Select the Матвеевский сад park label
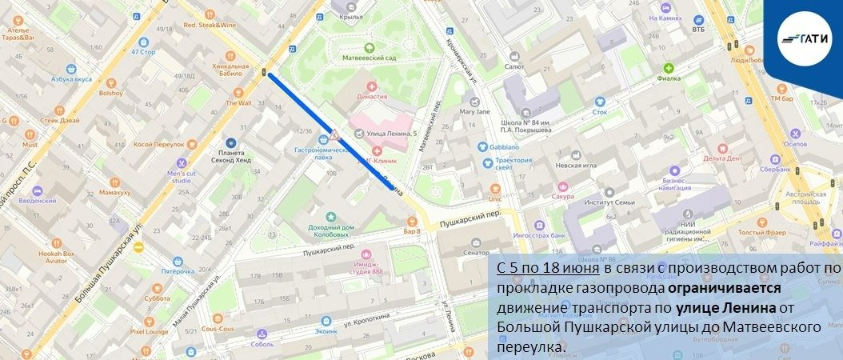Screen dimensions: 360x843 point(369,58)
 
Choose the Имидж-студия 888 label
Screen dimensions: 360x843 point(369,271)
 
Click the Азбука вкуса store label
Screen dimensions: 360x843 point(72,79)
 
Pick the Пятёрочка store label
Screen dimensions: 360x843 point(178,271)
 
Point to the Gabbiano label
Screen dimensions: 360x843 point(501,146)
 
